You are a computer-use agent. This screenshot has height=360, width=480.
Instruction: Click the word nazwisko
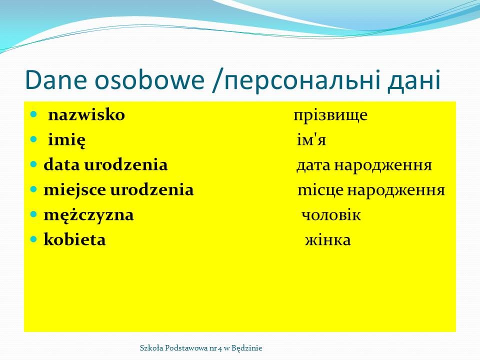[86, 115]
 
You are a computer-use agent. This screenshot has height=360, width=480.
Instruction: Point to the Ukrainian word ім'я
[311, 140]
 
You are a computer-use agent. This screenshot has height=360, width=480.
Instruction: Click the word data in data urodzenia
[62, 164]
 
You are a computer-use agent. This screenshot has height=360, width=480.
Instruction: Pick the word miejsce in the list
[75, 190]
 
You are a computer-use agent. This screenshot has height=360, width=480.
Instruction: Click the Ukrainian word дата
[313, 165]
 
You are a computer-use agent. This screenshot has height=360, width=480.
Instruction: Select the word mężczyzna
[89, 215]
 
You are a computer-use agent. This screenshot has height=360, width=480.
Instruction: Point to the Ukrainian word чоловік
[331, 215]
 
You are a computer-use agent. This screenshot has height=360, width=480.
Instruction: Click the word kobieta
[74, 239]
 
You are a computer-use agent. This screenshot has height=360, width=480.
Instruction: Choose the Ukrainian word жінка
[328, 240]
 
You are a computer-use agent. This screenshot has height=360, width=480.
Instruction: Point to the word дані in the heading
[414, 80]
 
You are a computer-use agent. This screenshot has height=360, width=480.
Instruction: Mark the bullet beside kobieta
[33, 239]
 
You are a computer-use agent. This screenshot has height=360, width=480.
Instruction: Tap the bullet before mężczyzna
[33, 214]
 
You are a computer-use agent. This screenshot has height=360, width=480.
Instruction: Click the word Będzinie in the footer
[246, 348]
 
